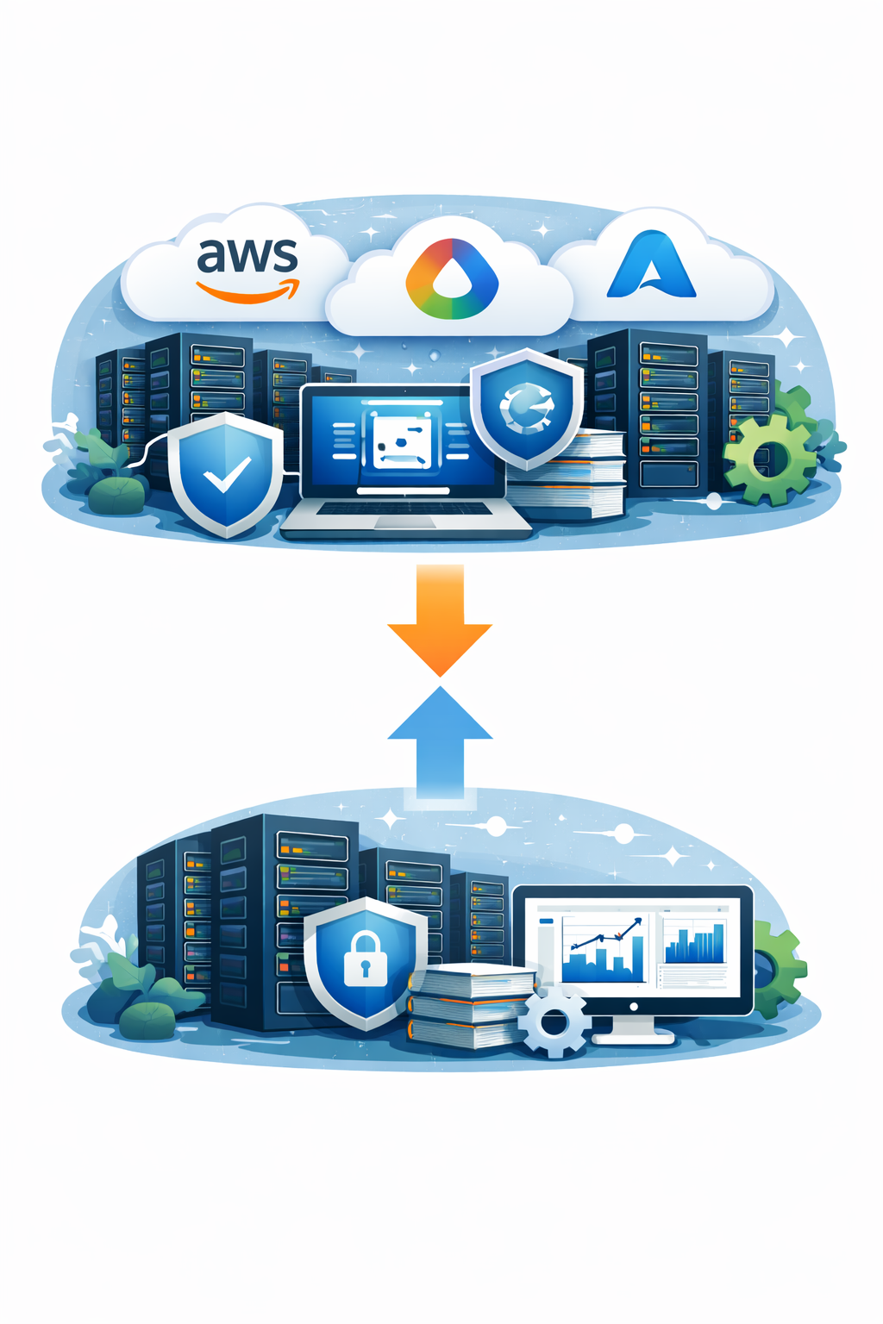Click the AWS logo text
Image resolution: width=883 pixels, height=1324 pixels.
coord(247,255)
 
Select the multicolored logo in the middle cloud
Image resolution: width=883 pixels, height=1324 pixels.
coord(451,279)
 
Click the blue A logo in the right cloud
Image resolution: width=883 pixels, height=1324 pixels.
coord(651,265)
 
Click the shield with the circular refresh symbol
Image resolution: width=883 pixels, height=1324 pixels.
coord(525,406)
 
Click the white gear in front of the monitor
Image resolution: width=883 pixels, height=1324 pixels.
coord(554,1022)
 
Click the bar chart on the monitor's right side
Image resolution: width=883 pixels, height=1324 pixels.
coord(694,944)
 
